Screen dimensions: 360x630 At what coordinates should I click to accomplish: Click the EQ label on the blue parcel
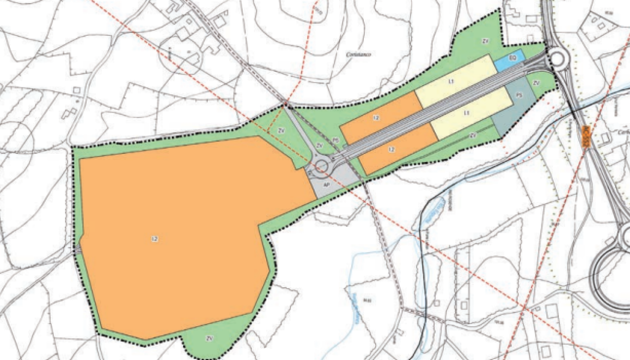coord(512,59)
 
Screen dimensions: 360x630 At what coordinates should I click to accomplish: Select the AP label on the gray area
coord(326,185)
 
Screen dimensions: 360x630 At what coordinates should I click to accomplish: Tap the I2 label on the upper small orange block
coord(376,118)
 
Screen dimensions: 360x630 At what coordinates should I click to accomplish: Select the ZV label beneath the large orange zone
coord(210,338)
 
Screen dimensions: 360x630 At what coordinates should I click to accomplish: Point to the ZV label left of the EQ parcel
coord(485,39)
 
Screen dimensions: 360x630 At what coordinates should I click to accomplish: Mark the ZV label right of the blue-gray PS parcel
coord(536,83)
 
